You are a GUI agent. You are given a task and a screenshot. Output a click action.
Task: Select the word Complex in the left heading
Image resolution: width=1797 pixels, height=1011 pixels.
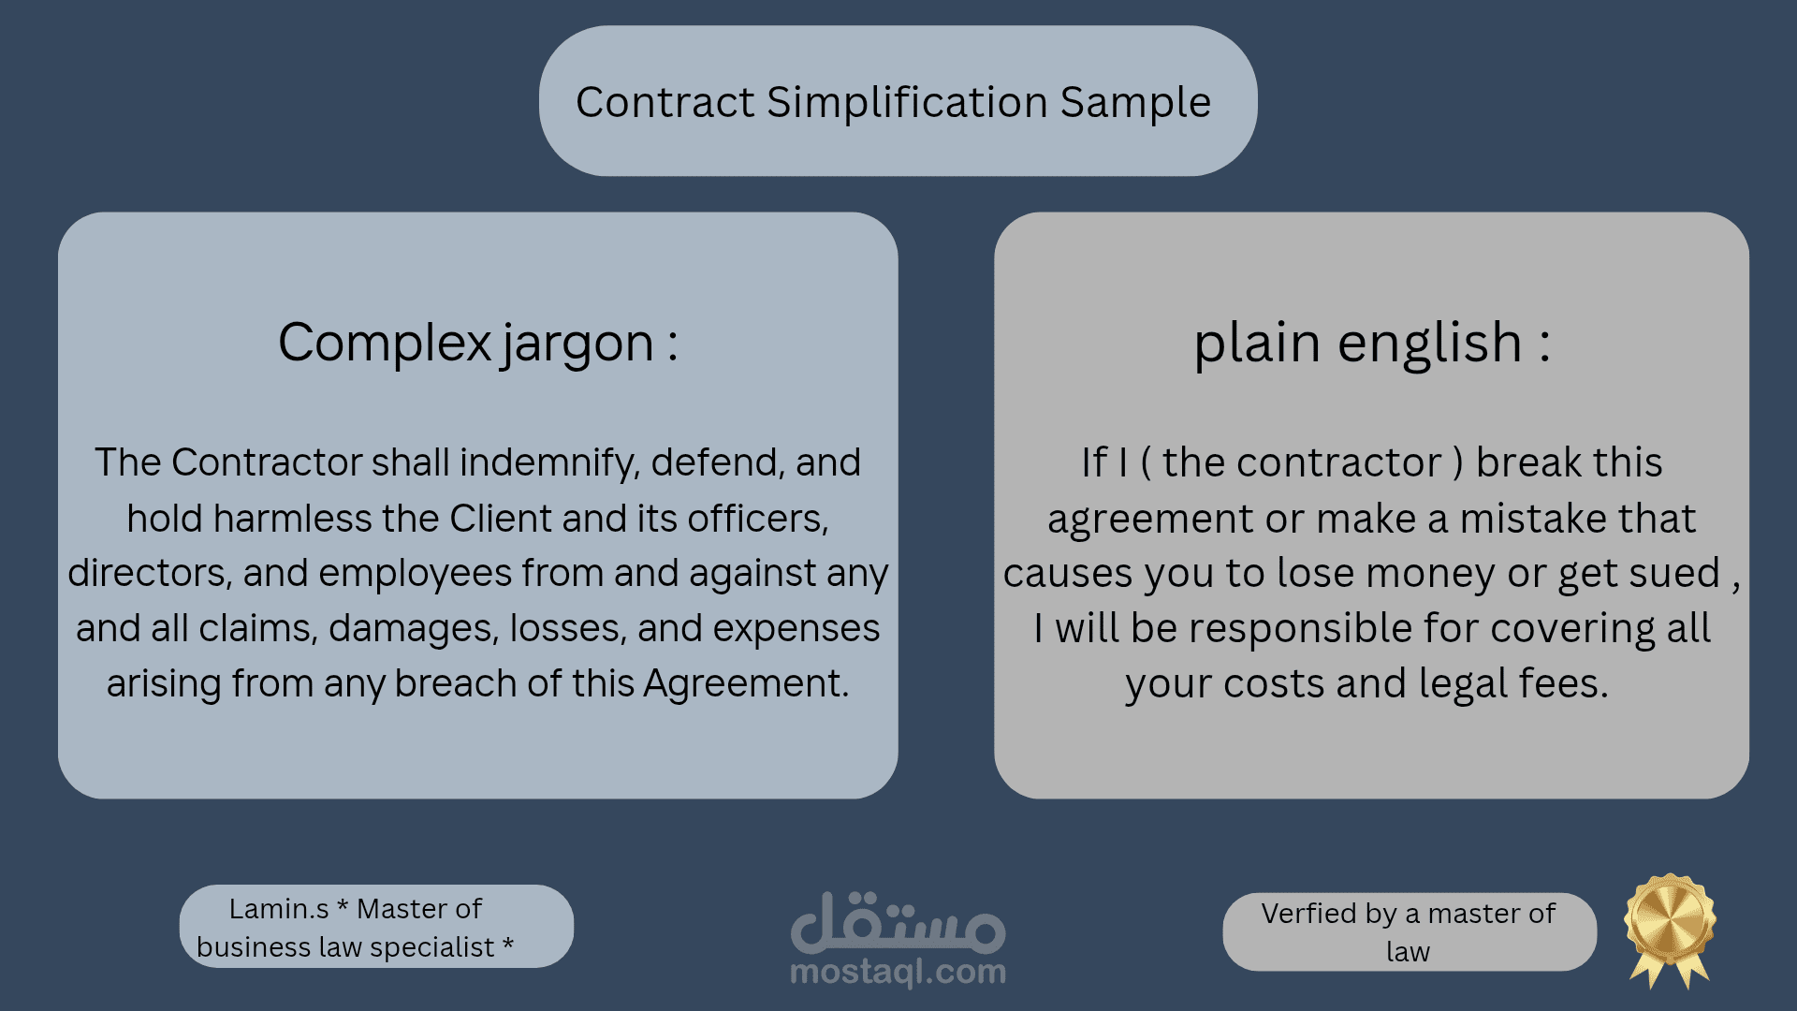tap(384, 343)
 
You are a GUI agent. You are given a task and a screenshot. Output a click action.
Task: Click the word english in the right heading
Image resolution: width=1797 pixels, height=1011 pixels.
tap(1429, 343)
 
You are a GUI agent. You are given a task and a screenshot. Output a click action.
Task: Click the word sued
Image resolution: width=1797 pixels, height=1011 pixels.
tap(1674, 574)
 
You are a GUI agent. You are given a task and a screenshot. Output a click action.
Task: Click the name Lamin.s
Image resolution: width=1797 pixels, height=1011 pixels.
tap(279, 909)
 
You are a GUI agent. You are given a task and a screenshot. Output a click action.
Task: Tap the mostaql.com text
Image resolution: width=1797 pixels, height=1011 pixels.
tap(898, 973)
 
